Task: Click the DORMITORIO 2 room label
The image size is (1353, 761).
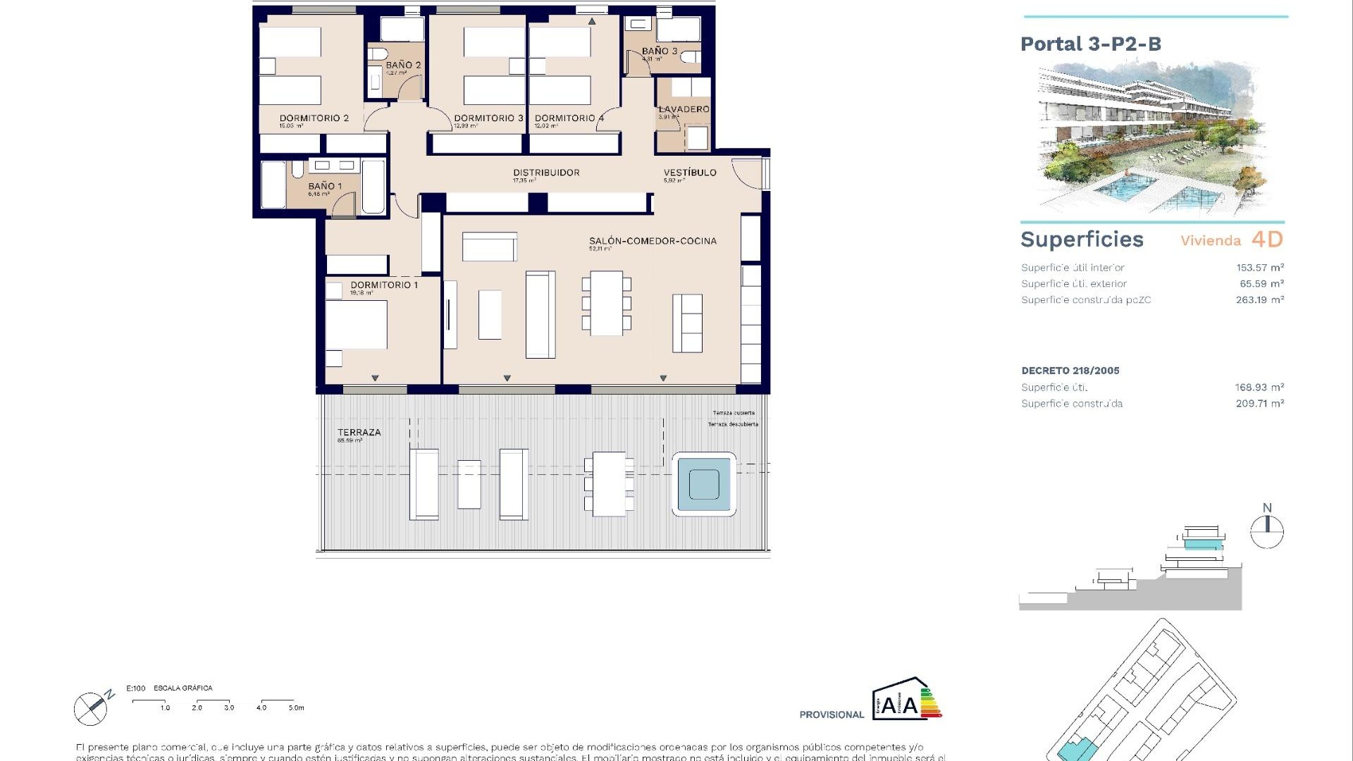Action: (x=314, y=118)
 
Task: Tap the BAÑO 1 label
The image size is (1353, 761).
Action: (x=324, y=187)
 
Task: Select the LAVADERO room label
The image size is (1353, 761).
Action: (x=684, y=109)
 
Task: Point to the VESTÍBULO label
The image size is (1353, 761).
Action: (x=689, y=173)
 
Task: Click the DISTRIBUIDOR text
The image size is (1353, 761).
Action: (x=546, y=173)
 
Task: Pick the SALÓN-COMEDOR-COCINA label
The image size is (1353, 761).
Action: (x=653, y=241)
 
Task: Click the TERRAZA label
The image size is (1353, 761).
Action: (x=359, y=433)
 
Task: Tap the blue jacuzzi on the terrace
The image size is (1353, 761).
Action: (x=703, y=485)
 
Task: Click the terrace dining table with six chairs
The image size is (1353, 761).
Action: (x=609, y=484)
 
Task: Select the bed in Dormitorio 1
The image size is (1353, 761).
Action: (x=357, y=325)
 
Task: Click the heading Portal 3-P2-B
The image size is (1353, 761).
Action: (x=1090, y=44)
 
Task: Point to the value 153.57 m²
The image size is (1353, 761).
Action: (x=1259, y=268)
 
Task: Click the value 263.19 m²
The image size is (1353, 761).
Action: (x=1259, y=300)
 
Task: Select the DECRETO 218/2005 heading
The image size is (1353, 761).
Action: (x=1070, y=371)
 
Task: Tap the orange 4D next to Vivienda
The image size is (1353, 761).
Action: (x=1267, y=240)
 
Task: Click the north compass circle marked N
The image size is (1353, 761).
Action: (x=1266, y=532)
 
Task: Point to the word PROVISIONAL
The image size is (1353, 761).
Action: (x=832, y=714)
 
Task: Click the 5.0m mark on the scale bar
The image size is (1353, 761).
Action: (x=296, y=707)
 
